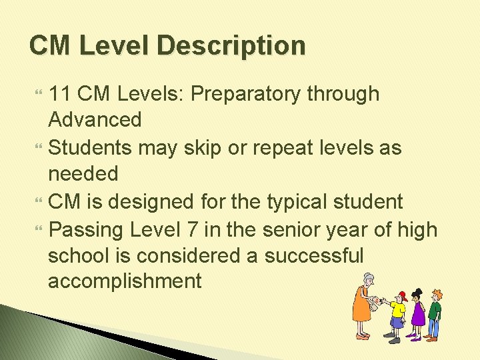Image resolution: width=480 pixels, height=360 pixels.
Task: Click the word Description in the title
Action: point(232,46)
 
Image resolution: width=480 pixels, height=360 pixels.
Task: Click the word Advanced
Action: point(95,120)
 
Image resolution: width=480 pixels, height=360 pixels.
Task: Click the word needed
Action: point(83,173)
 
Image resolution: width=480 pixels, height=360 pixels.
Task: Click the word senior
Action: point(287,229)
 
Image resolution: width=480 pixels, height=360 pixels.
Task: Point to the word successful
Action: point(314,255)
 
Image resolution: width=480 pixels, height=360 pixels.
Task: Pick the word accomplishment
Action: point(124,281)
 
